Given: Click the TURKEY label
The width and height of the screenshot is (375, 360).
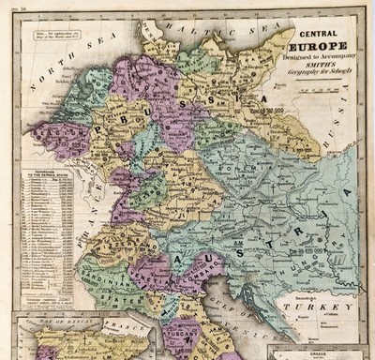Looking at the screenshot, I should click(320, 307).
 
